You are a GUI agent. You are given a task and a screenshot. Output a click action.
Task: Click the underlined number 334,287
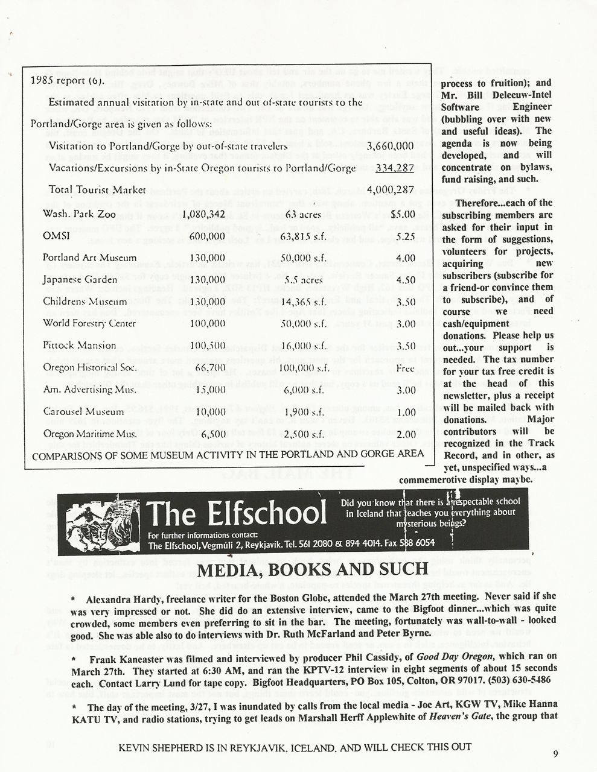394,168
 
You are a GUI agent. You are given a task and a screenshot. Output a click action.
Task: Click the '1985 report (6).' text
68,80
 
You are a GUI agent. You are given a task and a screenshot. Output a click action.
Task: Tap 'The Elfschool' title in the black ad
237,514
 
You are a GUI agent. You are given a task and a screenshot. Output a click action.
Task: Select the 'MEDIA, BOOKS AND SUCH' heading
313,569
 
